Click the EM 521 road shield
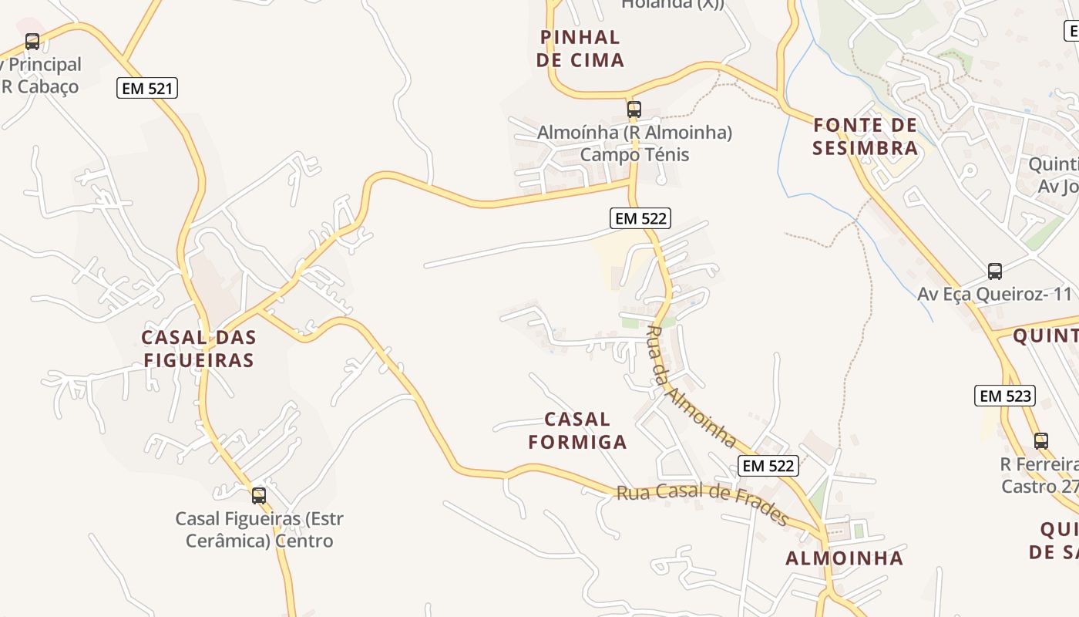click(x=147, y=88)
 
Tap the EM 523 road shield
click(x=1004, y=396)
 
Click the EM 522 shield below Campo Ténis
click(x=640, y=218)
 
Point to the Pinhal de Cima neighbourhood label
click(x=580, y=48)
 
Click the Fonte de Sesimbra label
click(x=866, y=136)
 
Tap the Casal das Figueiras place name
click(x=199, y=348)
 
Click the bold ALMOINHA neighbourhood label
click(x=844, y=558)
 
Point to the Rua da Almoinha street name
click(x=690, y=386)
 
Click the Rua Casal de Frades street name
click(x=701, y=503)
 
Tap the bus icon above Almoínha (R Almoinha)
click(x=634, y=110)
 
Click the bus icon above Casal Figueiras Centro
click(x=259, y=495)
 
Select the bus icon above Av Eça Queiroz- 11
click(x=995, y=271)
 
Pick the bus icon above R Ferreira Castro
click(x=1041, y=441)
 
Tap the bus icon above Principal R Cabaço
click(x=32, y=42)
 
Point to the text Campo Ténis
click(x=634, y=154)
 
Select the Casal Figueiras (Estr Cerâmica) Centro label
click(x=259, y=529)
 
